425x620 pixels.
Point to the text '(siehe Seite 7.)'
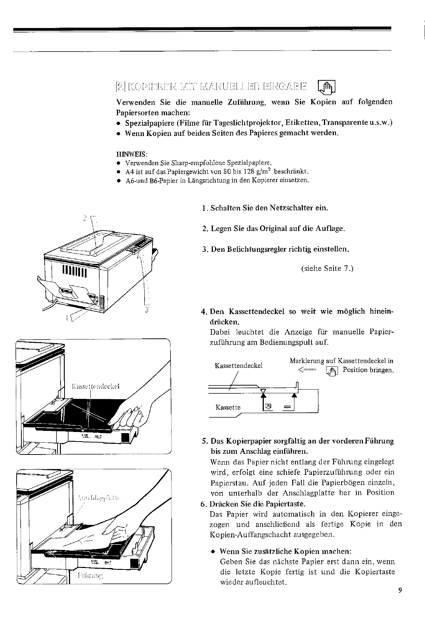pyautogui.click(x=327, y=268)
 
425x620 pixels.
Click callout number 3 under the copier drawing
pyautogui.click(x=146, y=310)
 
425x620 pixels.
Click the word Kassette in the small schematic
pyautogui.click(x=228, y=407)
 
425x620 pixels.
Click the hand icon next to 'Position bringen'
pyautogui.click(x=332, y=370)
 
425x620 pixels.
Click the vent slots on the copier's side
pyautogui.click(x=75, y=271)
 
